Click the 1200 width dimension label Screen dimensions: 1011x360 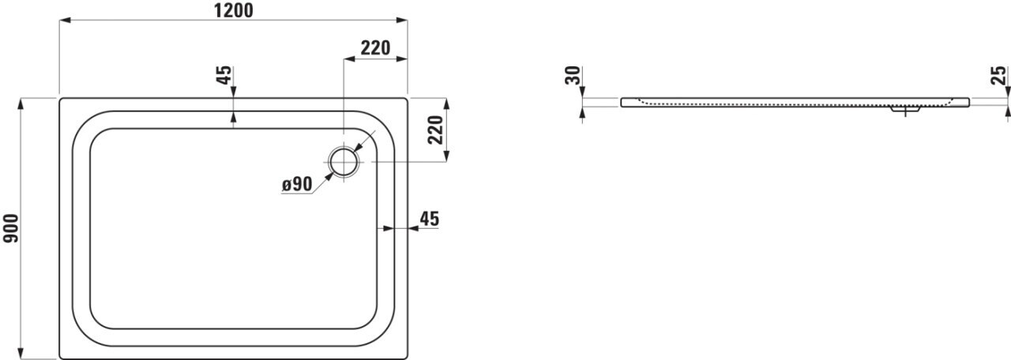coord(233,10)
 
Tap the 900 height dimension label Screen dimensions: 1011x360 coord(11,228)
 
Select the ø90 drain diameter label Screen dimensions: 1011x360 coord(297,184)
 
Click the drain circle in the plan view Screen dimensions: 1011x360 coord(344,162)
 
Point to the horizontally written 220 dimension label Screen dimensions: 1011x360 coord(375,48)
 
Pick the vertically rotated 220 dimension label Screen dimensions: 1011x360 coord(436,130)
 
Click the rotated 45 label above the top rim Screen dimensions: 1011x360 coord(224,75)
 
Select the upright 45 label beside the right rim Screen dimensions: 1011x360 coord(429,219)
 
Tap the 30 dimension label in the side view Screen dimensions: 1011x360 coord(573,75)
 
